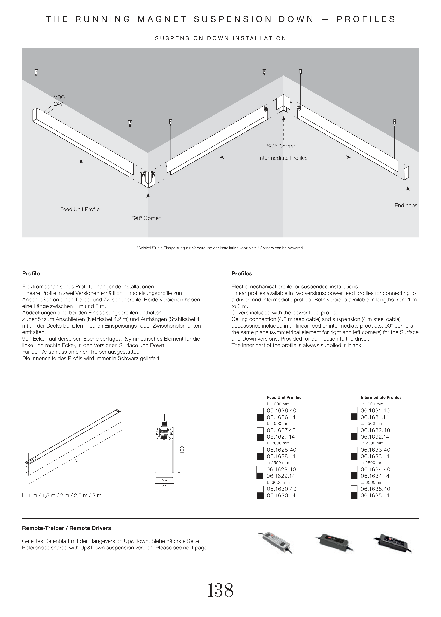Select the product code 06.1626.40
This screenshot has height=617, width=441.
[x=281, y=411]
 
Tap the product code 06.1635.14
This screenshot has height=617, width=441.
[x=375, y=495]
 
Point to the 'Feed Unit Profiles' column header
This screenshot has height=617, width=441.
[x=284, y=398]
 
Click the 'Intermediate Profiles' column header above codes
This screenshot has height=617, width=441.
[x=381, y=398]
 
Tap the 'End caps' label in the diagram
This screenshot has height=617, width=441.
[x=406, y=206]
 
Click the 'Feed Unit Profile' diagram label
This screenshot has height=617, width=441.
[x=80, y=209]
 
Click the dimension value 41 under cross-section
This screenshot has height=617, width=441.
[x=164, y=487]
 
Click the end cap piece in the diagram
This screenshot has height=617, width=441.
[x=406, y=173]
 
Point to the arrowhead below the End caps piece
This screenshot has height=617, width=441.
[x=408, y=188]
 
